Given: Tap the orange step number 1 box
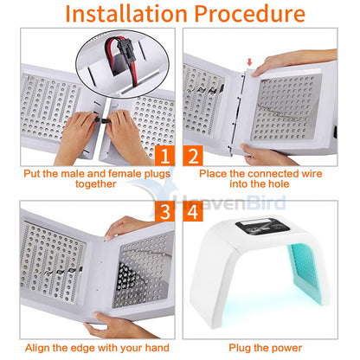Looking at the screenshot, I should point(164,157).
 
